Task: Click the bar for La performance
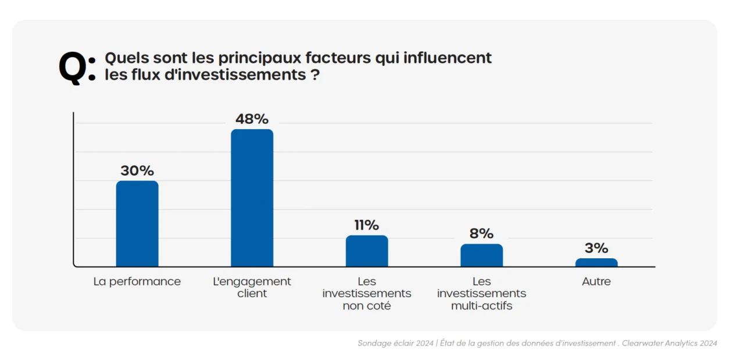(137, 224)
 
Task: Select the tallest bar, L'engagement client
(252, 198)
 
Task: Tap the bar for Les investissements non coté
(367, 251)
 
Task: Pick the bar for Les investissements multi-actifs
(481, 255)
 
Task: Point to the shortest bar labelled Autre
(596, 263)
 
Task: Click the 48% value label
(252, 119)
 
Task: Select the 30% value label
(137, 171)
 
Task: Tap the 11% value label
(367, 225)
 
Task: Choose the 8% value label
(481, 234)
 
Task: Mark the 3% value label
(596, 248)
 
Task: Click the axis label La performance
(137, 281)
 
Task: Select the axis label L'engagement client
(252, 287)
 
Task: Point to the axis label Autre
(596, 281)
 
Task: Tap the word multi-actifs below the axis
(481, 306)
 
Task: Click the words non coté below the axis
(367, 306)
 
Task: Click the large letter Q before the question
(73, 67)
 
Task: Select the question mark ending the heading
(314, 75)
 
